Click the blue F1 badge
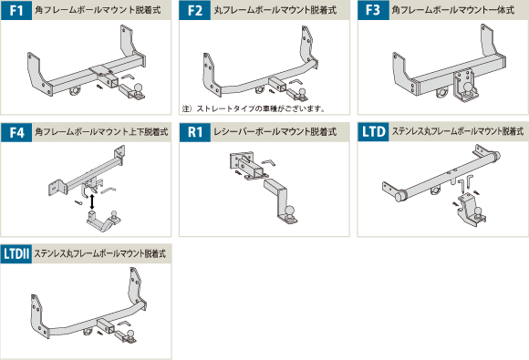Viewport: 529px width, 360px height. point(16,10)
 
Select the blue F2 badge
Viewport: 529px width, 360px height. point(194,10)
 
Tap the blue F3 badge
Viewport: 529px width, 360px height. point(373,10)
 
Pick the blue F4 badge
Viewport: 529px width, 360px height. point(16,132)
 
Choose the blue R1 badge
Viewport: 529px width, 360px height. point(194,132)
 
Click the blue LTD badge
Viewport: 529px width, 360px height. point(373,132)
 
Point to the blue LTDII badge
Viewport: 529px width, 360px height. point(16,253)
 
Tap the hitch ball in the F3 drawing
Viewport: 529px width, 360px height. point(468,87)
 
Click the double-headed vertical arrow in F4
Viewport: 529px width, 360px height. point(92,201)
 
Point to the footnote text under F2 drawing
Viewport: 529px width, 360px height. point(254,108)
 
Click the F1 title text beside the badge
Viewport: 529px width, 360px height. point(98,10)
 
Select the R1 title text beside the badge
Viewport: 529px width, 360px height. point(275,132)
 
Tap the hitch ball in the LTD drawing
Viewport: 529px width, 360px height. point(478,211)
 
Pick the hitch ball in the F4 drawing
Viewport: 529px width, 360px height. point(115,214)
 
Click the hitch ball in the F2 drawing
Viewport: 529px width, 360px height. point(302,92)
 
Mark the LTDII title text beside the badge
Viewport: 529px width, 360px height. point(100,253)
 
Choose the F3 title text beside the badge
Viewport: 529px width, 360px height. point(453,10)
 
